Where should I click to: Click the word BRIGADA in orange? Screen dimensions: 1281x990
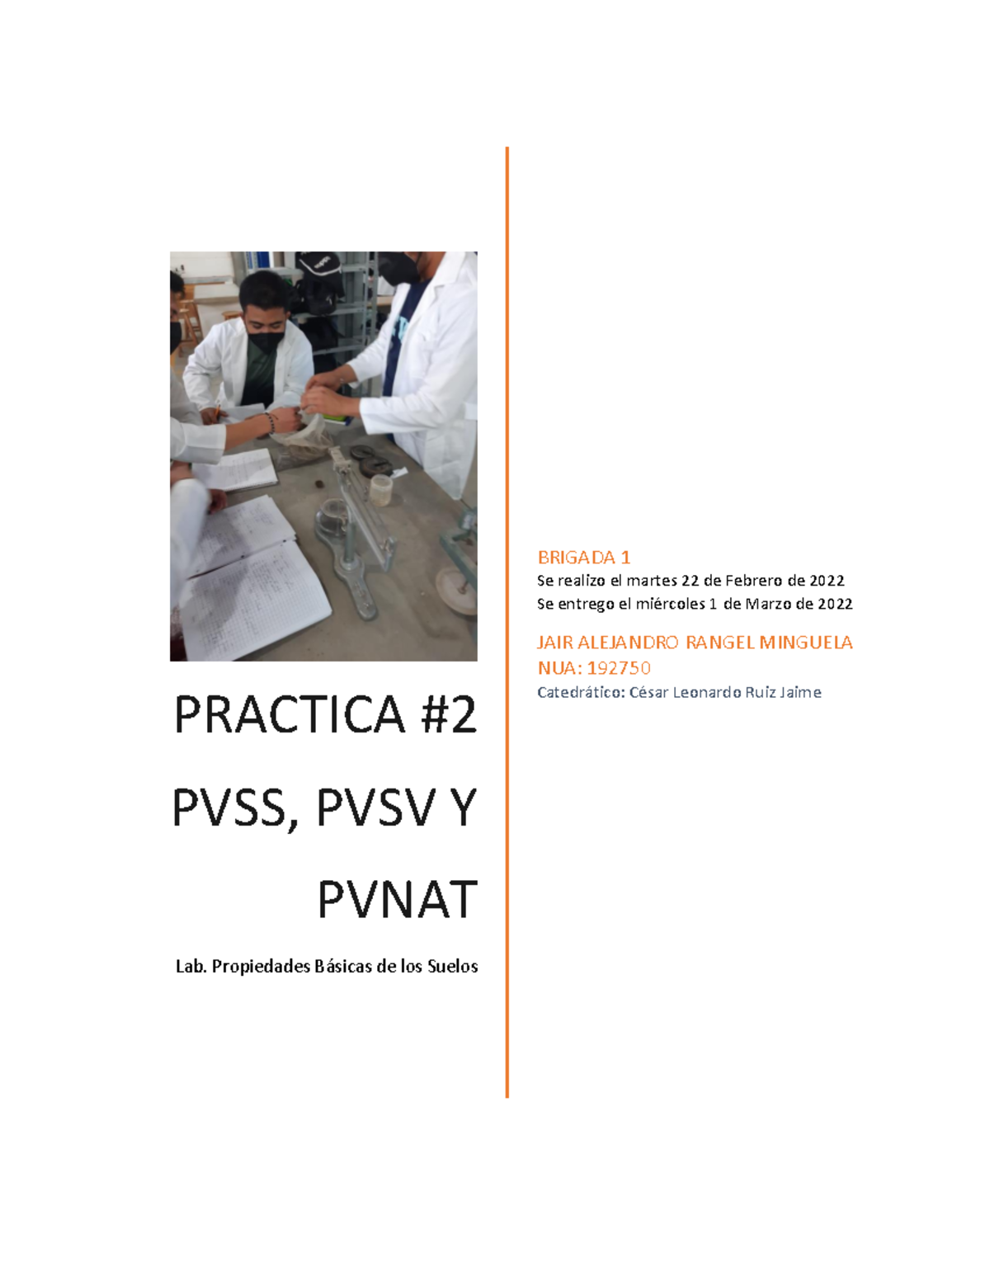(576, 558)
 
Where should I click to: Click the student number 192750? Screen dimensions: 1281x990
(619, 667)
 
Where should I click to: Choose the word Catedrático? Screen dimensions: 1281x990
(581, 692)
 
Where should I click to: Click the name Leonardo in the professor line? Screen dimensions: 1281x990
(707, 692)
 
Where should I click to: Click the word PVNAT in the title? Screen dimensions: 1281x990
(397, 900)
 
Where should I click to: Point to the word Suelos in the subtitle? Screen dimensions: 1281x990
(452, 967)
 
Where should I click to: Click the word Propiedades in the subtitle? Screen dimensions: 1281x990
(259, 967)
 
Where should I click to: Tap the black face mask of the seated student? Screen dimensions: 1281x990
(266, 339)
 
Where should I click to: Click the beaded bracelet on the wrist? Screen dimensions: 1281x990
(270, 424)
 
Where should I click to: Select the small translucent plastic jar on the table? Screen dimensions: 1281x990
(380, 490)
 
